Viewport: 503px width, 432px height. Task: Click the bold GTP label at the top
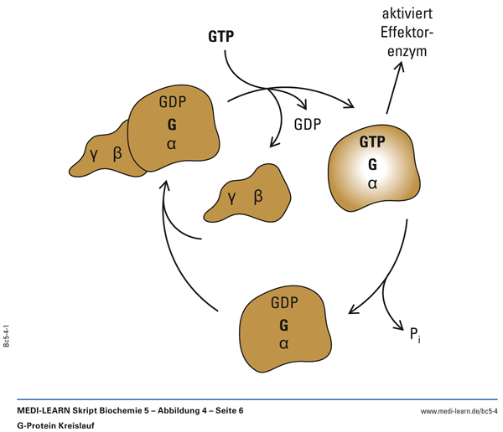point(221,37)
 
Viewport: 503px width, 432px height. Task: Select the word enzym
point(407,52)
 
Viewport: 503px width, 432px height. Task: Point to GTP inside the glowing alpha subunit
point(372,142)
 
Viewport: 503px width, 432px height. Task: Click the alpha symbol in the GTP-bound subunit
point(372,183)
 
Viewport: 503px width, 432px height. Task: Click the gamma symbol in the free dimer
point(231,198)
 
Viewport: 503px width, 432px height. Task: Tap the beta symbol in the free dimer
point(258,197)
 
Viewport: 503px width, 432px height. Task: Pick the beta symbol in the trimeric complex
point(117,153)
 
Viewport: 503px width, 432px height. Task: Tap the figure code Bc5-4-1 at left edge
point(7,332)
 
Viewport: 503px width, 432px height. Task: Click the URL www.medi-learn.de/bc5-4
point(459,410)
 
